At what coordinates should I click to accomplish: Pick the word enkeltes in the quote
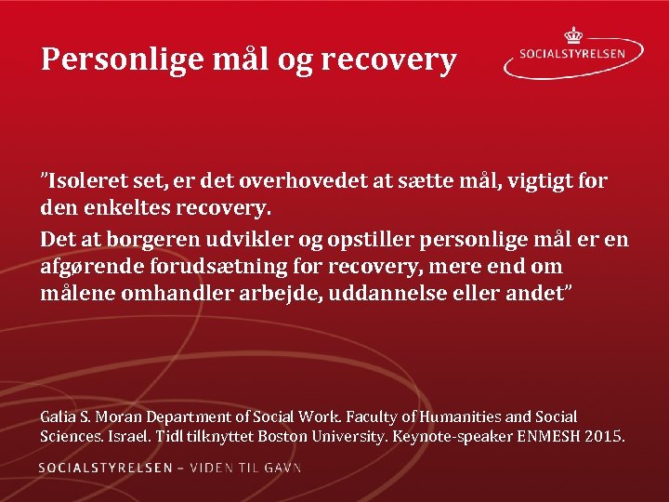point(118,203)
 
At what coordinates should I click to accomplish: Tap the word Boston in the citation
point(283,436)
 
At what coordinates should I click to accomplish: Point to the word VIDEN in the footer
point(214,468)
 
